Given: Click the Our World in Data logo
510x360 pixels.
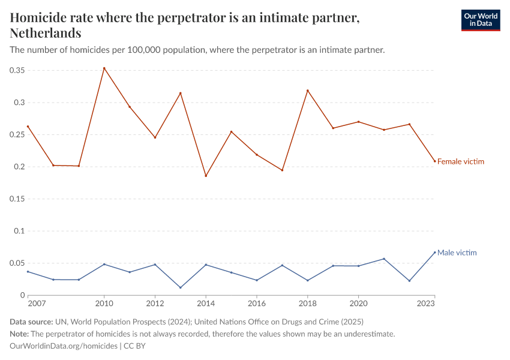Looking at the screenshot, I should pos(480,20).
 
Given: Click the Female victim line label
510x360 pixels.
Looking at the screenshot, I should pos(460,161).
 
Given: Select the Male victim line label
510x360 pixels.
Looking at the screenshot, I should pos(457,253).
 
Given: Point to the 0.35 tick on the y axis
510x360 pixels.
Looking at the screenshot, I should pos(17,70).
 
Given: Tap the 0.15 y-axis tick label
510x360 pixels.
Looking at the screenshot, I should pos(17,199).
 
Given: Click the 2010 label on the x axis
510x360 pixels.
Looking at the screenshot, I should pos(104,303).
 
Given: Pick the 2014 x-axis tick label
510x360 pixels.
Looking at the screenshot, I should pos(206,303).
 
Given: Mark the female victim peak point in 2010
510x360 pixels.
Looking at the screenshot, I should pos(104,68).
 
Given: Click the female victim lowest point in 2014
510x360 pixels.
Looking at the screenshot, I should pos(206,176).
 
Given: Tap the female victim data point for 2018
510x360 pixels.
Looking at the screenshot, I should pos(308,91).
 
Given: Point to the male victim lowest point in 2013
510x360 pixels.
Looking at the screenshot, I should pos(181,287).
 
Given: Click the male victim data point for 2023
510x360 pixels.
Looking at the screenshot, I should pos(434,252).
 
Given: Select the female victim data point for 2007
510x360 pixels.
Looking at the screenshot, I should pos(28,127).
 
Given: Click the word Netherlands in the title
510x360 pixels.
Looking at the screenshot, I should pos(46,33).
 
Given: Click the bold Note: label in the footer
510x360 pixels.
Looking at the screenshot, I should pos(21,334).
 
